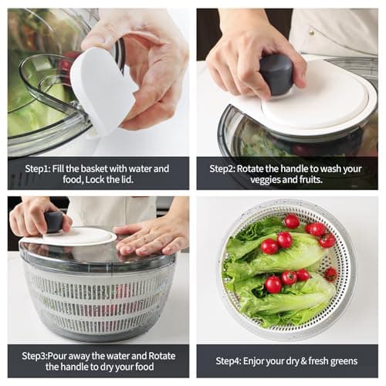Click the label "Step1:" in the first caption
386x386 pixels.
click(39, 168)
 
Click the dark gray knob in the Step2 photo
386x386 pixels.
click(276, 73)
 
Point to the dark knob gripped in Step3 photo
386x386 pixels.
click(54, 222)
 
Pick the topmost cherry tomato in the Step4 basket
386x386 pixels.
click(292, 222)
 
